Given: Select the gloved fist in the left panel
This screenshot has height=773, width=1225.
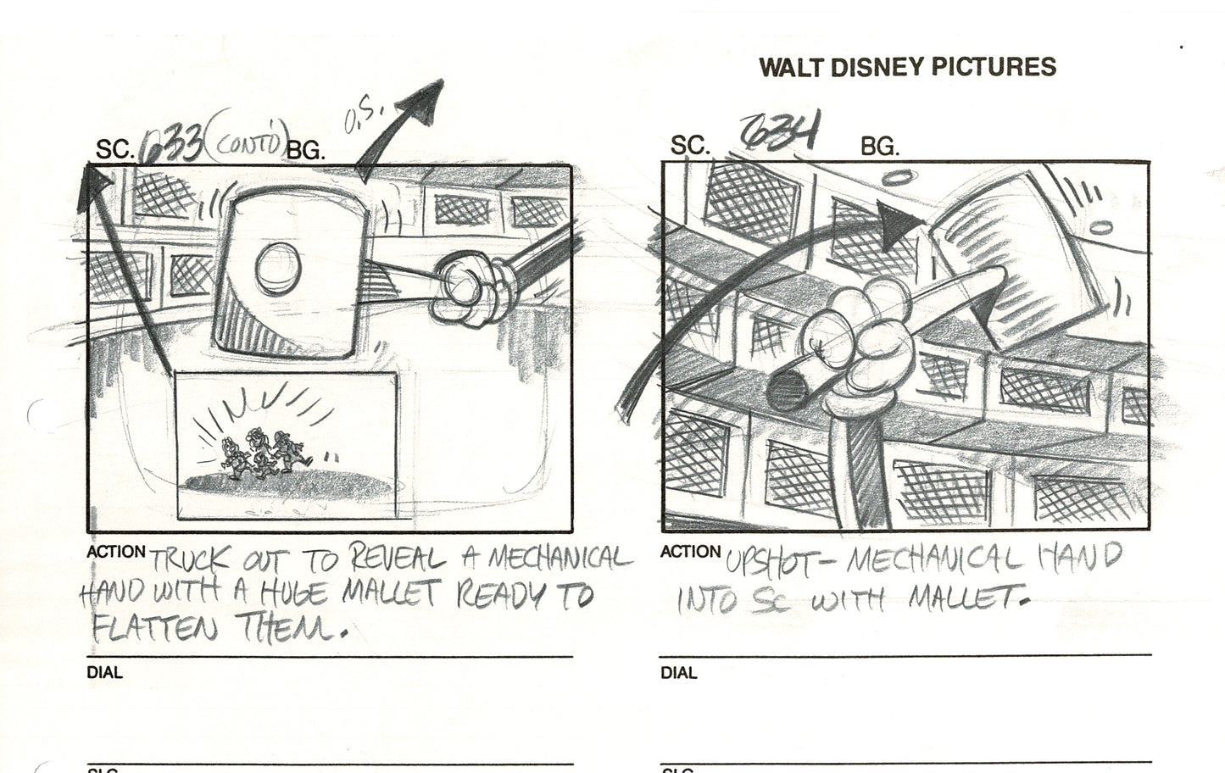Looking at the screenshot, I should [471, 290].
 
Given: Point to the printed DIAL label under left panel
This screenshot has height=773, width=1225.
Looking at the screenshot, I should [104, 673].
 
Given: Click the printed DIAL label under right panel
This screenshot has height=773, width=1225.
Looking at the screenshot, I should [678, 673].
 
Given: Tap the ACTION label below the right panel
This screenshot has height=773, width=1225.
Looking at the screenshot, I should [690, 552].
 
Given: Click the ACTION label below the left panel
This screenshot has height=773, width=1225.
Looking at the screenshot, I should [116, 552].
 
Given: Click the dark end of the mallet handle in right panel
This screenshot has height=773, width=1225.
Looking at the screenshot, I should [781, 391].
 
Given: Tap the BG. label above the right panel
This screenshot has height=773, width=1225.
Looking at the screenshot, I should [879, 147].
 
